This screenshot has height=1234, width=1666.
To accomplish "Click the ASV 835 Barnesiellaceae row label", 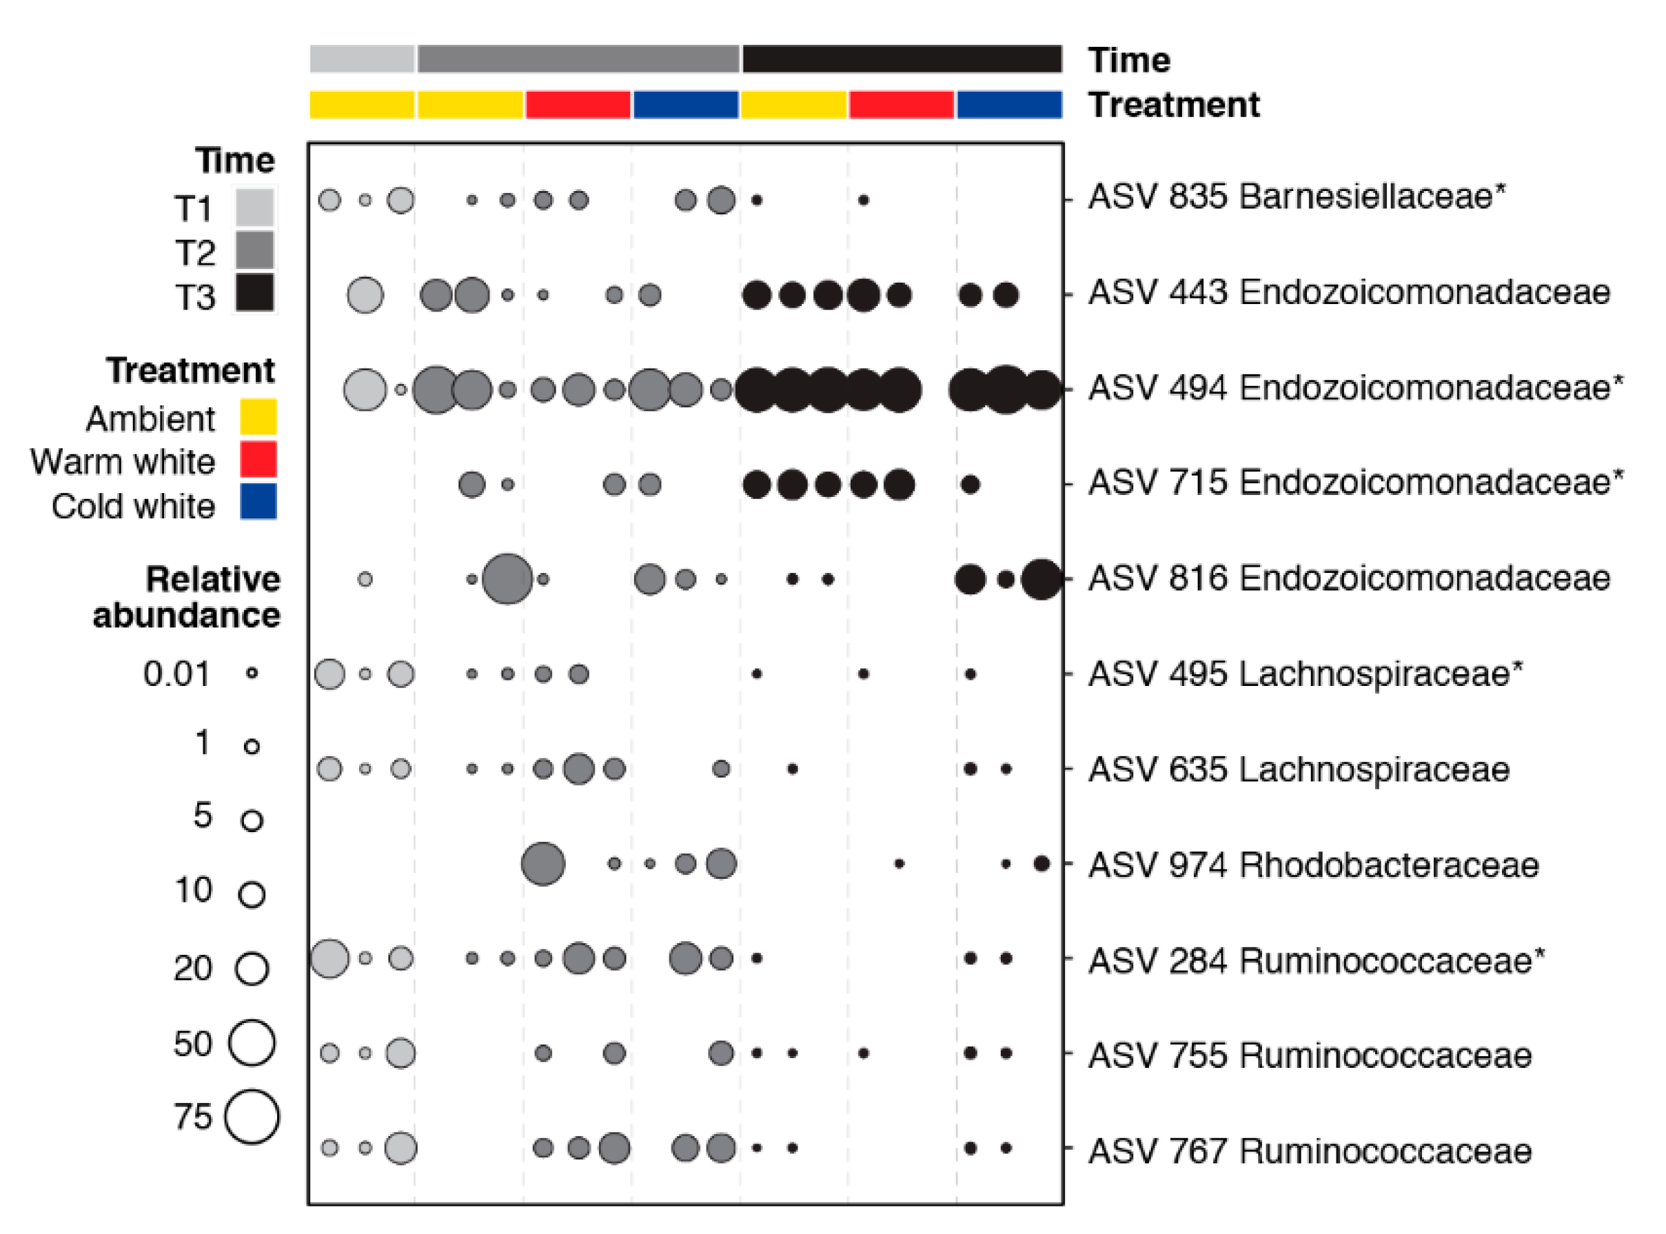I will pyautogui.click(x=1296, y=197).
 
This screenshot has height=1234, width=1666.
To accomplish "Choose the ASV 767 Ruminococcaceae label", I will pyautogui.click(x=1309, y=1151).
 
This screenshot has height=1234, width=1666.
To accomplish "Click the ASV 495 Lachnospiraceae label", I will pyautogui.click(x=1305, y=674).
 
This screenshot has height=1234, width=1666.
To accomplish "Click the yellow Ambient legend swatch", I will pyautogui.click(x=258, y=417).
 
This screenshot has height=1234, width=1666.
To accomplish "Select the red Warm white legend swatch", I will pyautogui.click(x=258, y=459).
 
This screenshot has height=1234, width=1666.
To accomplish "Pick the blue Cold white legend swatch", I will pyautogui.click(x=258, y=502).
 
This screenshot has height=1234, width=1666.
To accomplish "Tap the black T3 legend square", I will pyautogui.click(x=254, y=293).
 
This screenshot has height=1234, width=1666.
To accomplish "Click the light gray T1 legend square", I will pyautogui.click(x=254, y=208).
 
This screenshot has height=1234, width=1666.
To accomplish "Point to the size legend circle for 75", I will pyautogui.click(x=252, y=1117).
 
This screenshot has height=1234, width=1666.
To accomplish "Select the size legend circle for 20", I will pyautogui.click(x=252, y=969).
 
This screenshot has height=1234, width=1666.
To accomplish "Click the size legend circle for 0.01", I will pyautogui.click(x=252, y=673).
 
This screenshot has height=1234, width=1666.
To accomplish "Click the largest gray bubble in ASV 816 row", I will pyautogui.click(x=507, y=579).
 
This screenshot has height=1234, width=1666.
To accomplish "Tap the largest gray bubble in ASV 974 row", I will pyautogui.click(x=543, y=864).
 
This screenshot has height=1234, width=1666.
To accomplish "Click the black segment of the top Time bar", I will pyautogui.click(x=902, y=60).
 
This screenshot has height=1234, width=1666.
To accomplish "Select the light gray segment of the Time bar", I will pyautogui.click(x=362, y=60).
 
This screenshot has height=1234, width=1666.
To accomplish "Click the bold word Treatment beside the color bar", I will pyautogui.click(x=1173, y=105).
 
